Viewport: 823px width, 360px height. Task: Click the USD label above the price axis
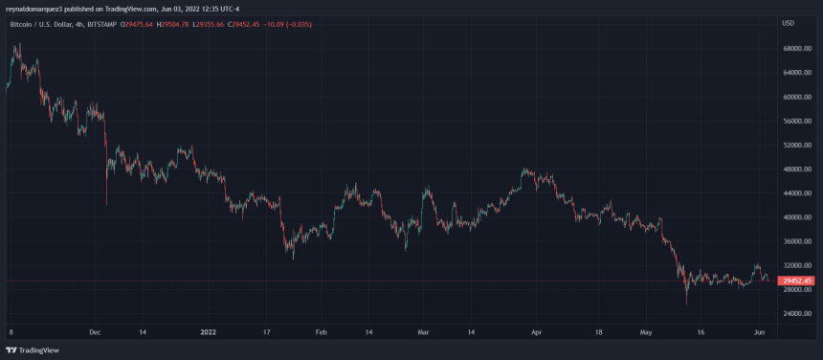click(789, 23)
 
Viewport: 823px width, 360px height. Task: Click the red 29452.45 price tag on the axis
click(796, 281)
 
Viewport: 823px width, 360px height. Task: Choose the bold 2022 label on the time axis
click(210, 332)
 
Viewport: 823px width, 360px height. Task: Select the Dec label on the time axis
click(94, 332)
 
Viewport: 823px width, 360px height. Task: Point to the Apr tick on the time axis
click(536, 332)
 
